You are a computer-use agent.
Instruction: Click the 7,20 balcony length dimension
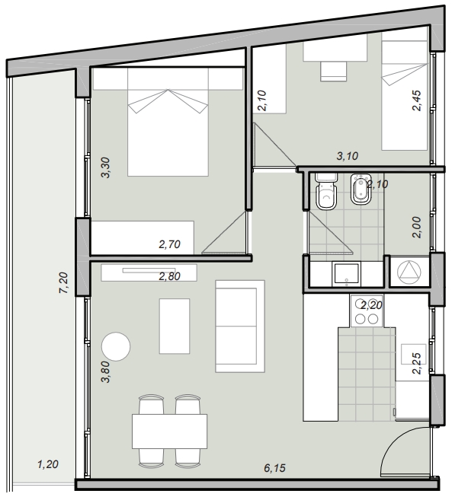pyautogui.click(x=63, y=282)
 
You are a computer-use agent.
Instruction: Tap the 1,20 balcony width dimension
pyautogui.click(x=48, y=464)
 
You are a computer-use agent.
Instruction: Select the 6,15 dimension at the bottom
pyautogui.click(x=275, y=468)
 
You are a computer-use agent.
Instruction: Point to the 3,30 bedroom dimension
pyautogui.click(x=105, y=167)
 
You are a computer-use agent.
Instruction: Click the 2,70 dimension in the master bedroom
pyautogui.click(x=169, y=244)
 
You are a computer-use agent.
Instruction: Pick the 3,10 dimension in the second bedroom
pyautogui.click(x=348, y=156)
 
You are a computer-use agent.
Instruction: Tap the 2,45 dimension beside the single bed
pyautogui.click(x=416, y=100)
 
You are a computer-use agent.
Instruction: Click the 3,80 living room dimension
pyautogui.click(x=105, y=372)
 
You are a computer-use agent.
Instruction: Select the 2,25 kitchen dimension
pyautogui.click(x=416, y=364)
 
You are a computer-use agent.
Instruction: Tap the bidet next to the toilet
pyautogui.click(x=361, y=190)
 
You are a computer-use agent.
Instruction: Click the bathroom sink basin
pyautogui.click(x=346, y=274)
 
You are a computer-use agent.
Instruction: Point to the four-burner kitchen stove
pyautogui.click(x=367, y=311)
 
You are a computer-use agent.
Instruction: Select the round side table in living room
pyautogui.click(x=116, y=346)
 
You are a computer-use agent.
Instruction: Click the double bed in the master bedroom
pyautogui.click(x=168, y=122)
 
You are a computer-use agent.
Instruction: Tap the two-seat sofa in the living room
pyautogui.click(x=240, y=327)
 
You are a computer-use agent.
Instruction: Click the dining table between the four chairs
pyautogui.click(x=169, y=431)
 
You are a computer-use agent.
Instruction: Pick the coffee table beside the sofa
pyautogui.click(x=175, y=327)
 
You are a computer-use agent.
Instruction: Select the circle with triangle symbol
pyautogui.click(x=409, y=272)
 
